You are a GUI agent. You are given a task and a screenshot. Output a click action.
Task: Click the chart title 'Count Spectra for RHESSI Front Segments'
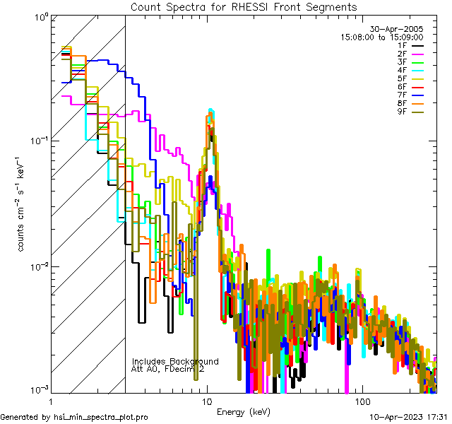244,6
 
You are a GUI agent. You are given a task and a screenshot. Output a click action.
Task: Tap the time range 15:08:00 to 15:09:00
381,37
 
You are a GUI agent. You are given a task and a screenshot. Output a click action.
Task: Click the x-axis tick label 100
362,401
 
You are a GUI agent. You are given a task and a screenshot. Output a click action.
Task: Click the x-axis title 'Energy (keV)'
243,411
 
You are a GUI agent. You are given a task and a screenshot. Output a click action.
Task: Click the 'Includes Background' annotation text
175,361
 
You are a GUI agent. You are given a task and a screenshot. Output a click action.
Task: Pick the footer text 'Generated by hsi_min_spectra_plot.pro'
74,418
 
